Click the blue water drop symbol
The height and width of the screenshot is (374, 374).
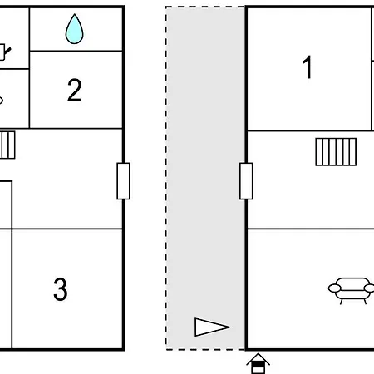point(74,30)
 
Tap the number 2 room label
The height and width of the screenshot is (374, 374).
point(75,90)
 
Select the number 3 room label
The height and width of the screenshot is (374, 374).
point(61,289)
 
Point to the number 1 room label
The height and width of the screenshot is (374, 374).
point(308,66)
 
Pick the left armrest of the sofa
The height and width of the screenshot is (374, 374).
point(335,288)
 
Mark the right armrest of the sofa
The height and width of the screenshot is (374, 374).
point(369,288)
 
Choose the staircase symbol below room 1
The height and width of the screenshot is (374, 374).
point(336,152)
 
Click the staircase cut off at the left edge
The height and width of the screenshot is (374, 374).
point(7,145)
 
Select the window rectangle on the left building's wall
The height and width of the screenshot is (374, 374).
point(123,181)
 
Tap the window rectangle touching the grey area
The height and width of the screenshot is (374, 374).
point(246,181)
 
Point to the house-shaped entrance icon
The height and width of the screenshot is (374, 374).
point(258,363)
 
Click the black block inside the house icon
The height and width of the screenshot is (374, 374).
point(258,365)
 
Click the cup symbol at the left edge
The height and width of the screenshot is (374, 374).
point(4,52)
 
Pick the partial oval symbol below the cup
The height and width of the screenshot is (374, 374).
point(1,100)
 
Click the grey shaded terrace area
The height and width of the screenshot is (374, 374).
point(205,177)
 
